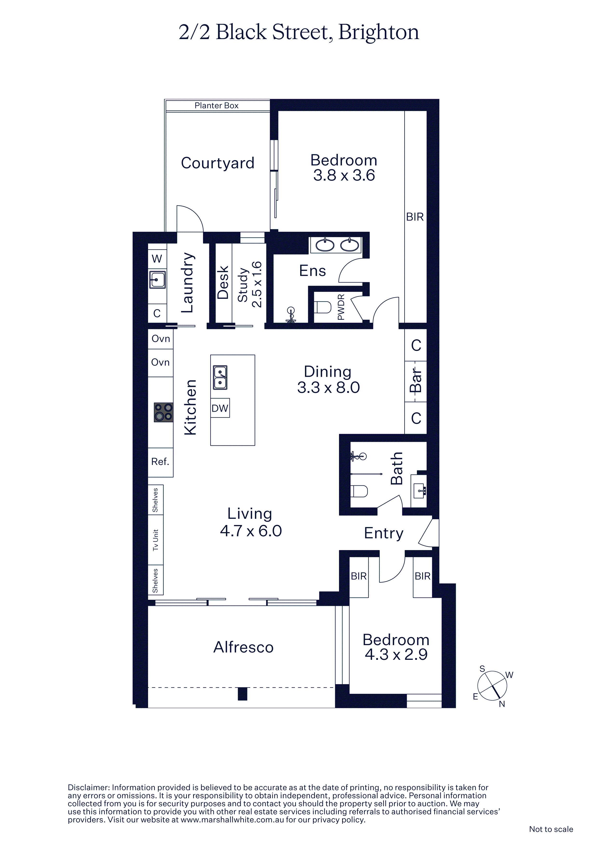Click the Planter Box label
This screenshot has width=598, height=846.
tap(216, 105)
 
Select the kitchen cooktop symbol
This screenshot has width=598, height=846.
tap(163, 412)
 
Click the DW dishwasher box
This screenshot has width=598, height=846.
tap(220, 408)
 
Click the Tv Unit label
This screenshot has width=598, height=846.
tap(156, 540)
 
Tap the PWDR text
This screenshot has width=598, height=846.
tap(341, 307)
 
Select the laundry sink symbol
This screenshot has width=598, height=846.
tap(157, 280)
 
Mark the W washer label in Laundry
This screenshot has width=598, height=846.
tap(157, 259)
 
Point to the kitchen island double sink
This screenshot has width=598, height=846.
tap(220, 378)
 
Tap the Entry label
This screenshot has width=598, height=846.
tap(384, 533)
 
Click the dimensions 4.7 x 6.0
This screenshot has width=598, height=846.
tap(251, 531)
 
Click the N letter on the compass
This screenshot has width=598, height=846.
tap(502, 704)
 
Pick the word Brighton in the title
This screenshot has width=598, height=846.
tap(379, 32)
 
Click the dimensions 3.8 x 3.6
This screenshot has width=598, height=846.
tap(344, 175)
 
